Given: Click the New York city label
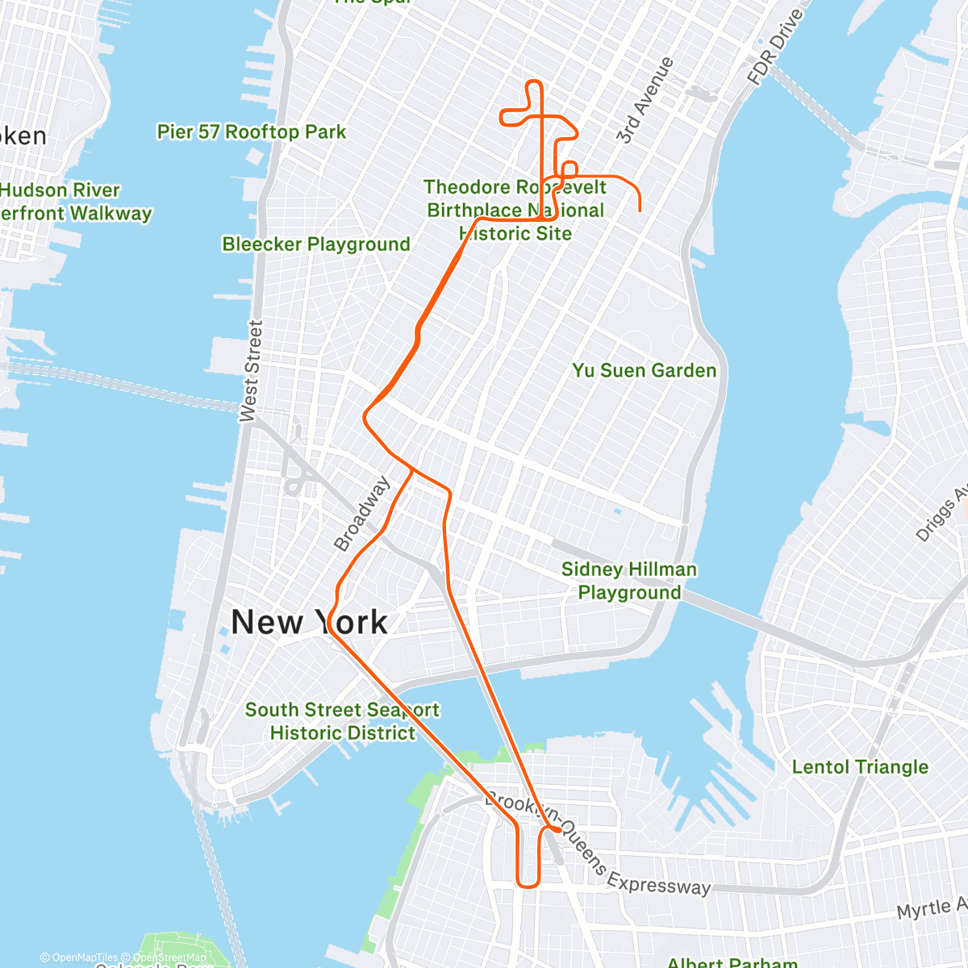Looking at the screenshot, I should [x=309, y=622].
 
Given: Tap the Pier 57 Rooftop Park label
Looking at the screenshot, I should [x=251, y=131].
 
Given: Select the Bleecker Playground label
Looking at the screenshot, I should [x=316, y=244].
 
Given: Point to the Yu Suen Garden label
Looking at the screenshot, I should [x=644, y=370].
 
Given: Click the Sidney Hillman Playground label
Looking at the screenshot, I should [x=629, y=581].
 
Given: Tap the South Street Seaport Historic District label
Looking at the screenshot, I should [x=342, y=721].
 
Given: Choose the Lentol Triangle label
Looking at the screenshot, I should [x=860, y=766].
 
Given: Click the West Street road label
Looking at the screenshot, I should [x=252, y=371].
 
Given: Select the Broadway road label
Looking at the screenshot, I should [x=362, y=514].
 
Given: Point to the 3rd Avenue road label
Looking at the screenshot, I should [x=645, y=101].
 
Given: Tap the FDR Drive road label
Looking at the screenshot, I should [x=775, y=47].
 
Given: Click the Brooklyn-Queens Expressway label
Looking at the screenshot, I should [x=597, y=847].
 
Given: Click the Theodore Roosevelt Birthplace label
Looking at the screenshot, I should [x=515, y=210].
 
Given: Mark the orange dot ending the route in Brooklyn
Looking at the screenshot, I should [x=557, y=828].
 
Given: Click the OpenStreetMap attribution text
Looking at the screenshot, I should [x=169, y=958].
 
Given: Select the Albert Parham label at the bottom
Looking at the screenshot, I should [x=732, y=962].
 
